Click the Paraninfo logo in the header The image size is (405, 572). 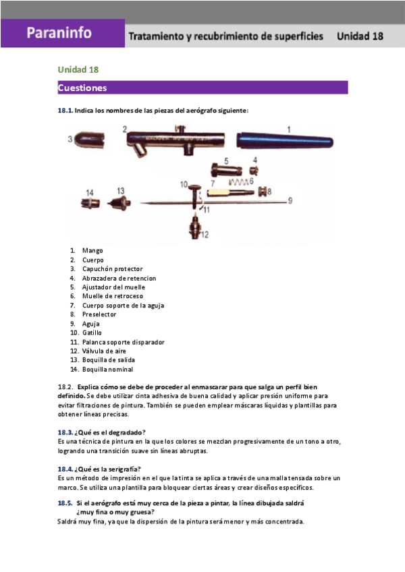point(59,33)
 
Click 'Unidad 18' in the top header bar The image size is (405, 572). point(360,36)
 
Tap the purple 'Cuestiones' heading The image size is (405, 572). point(82,88)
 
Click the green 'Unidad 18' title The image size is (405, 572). point(78,69)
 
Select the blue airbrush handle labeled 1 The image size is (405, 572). point(283,140)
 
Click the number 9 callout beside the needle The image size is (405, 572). point(290,200)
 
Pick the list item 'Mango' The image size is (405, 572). point(92,250)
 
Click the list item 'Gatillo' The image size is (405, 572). point(92,333)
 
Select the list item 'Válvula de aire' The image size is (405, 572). point(103,351)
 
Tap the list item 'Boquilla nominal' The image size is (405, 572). point(107,369)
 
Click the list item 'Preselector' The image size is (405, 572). point(99,314)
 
